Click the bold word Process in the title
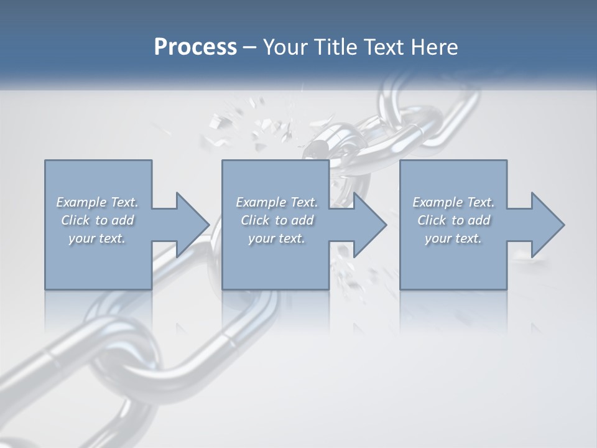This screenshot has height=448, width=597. (195, 47)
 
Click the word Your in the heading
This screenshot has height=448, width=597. (284, 47)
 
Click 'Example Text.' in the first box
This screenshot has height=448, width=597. (98, 202)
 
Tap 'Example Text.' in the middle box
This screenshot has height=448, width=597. (277, 202)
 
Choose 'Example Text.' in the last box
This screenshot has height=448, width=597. (453, 202)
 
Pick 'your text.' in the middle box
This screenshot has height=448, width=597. (276, 238)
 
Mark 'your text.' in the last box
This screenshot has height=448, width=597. (453, 238)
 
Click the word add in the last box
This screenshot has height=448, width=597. (478, 220)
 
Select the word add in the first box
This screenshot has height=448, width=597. (123, 220)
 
